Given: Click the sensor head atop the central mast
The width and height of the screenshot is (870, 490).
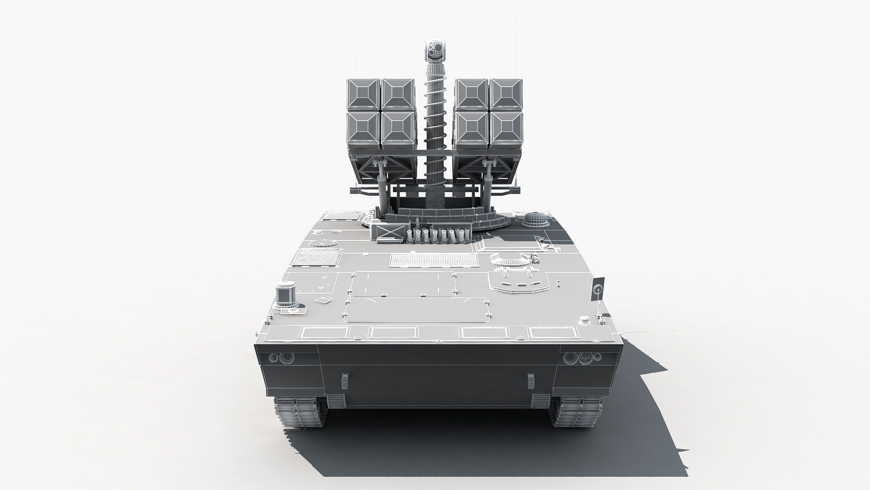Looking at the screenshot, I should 435,50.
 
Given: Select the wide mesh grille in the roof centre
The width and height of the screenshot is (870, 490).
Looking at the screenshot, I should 434,260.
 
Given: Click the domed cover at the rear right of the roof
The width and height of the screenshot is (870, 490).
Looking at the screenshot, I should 536,220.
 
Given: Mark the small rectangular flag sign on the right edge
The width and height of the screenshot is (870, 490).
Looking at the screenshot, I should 599,288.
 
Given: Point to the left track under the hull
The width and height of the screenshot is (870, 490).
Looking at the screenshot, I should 300,412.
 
